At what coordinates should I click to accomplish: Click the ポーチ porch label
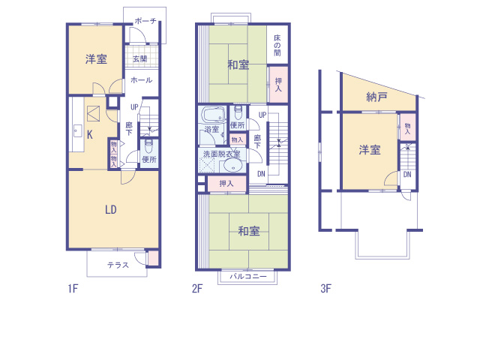(145, 21)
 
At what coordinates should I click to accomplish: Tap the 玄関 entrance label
(140, 58)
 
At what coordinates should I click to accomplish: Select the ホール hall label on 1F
(142, 80)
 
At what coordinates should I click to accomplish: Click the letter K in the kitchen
(90, 135)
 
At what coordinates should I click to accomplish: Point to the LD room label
(111, 210)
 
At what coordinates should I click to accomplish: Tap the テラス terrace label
(118, 265)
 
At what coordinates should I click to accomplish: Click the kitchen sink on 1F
(77, 132)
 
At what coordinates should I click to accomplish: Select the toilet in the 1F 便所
(148, 147)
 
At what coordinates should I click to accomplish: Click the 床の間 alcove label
(277, 45)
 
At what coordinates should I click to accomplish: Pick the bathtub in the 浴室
(213, 115)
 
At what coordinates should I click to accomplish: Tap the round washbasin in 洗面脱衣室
(233, 166)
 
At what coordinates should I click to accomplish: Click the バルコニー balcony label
(248, 277)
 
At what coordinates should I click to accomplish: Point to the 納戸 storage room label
(376, 97)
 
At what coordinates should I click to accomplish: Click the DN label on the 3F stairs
(407, 175)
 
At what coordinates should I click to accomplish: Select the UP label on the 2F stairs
(262, 115)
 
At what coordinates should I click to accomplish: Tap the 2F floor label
(197, 288)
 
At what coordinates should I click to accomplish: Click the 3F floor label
(326, 288)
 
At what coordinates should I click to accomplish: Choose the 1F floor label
(73, 288)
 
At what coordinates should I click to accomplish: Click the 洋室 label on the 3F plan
(370, 150)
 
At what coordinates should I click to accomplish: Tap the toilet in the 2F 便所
(238, 113)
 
